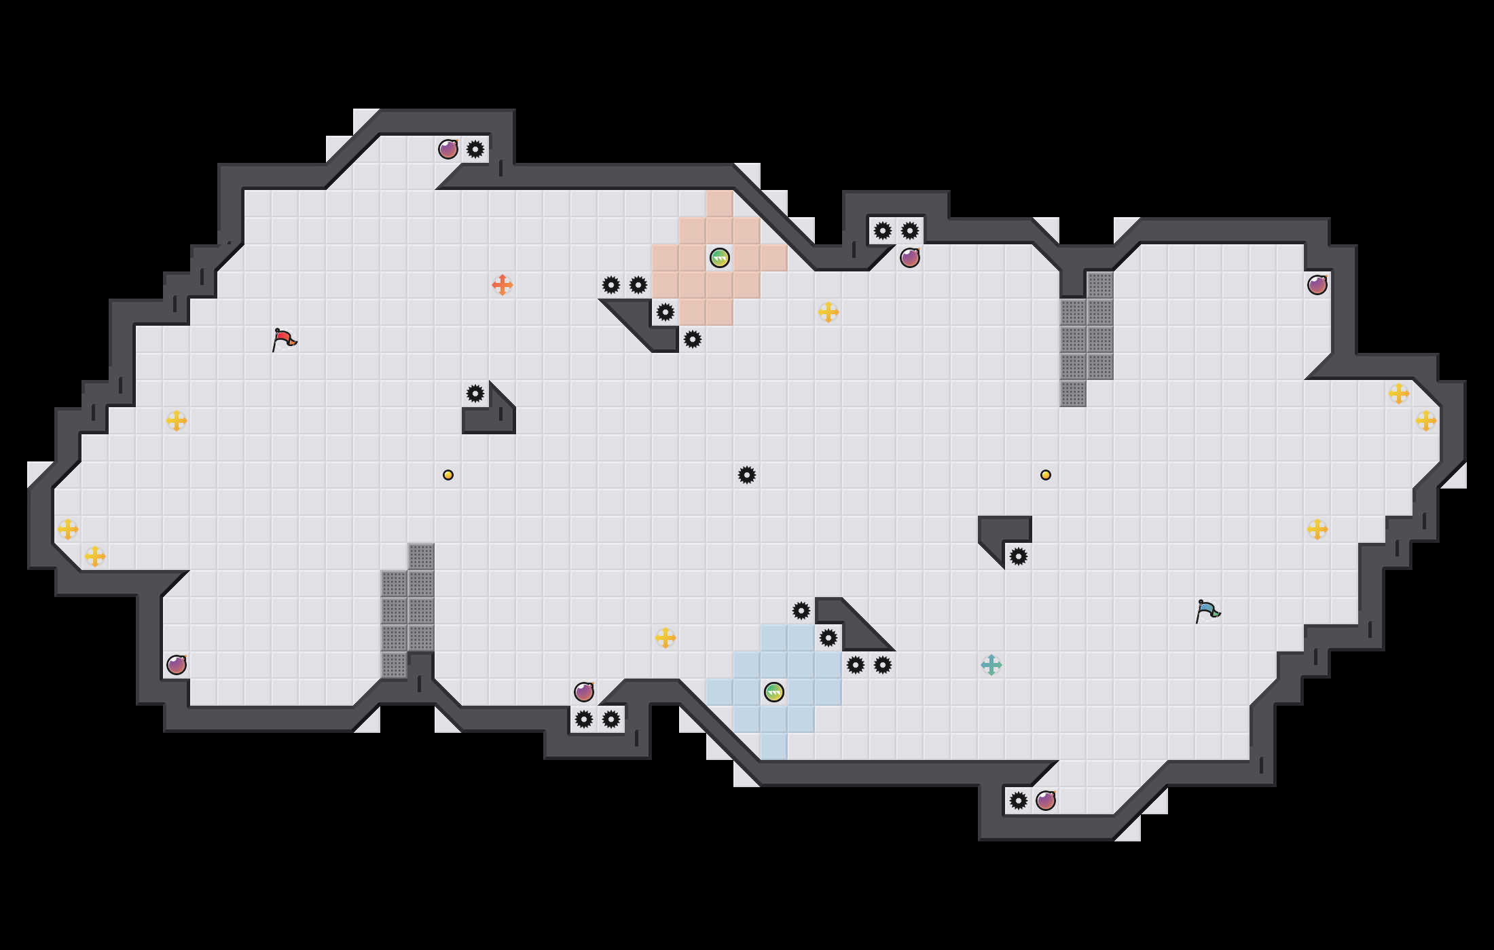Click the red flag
coord(284,339)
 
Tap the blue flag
coord(1207,611)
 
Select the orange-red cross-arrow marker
coord(502,285)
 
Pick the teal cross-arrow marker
coord(991,665)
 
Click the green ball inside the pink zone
coord(720,258)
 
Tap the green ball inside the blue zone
coord(774,692)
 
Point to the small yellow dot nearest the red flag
coord(448,475)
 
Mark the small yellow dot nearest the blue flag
coord(1046,475)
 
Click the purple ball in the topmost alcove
coord(448,149)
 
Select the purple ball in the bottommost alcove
coord(1046,801)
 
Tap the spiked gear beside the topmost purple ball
coord(475,149)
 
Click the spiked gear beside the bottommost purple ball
coord(1019,801)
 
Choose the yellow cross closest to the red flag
coord(177,421)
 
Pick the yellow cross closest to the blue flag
coord(1317,529)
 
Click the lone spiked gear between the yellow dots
coord(747,475)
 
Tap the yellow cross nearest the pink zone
coord(828,312)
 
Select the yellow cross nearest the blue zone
coord(666,638)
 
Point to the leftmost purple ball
coord(177,665)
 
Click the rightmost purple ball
coord(1317,285)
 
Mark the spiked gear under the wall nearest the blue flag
coord(1019,556)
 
